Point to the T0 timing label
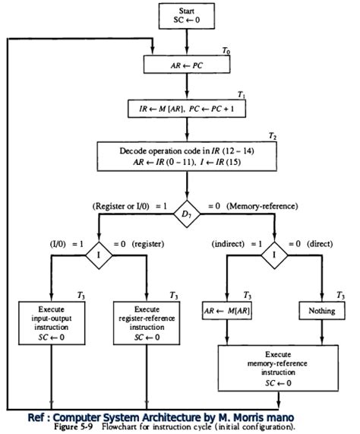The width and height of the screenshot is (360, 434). click(x=226, y=50)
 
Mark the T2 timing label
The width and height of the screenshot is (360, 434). click(x=272, y=135)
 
